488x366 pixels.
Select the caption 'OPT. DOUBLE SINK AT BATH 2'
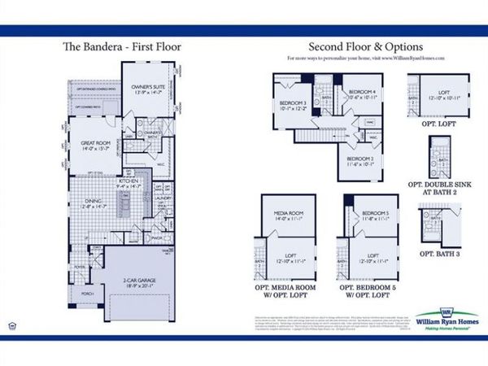click(443, 186)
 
